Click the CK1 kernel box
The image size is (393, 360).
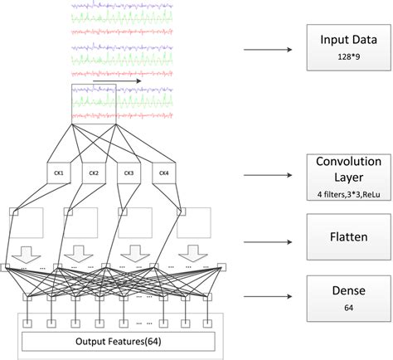59,173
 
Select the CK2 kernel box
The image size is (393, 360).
94,173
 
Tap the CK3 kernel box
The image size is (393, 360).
129,173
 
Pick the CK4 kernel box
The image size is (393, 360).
163,173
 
